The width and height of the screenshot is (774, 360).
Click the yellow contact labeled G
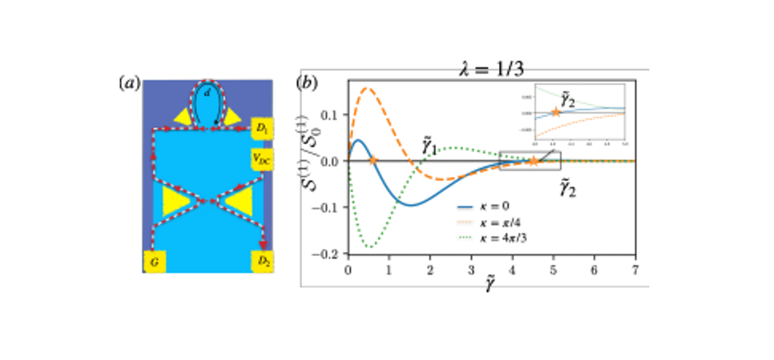pyautogui.click(x=155, y=262)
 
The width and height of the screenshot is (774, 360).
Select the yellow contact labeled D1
pyautogui.click(x=262, y=128)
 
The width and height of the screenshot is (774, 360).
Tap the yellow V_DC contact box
pyautogui.click(x=262, y=160)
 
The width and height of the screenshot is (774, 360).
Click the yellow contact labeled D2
pyautogui.click(x=263, y=261)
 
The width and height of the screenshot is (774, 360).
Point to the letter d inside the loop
pyautogui.click(x=207, y=93)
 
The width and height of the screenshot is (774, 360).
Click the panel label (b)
pyautogui.click(x=307, y=83)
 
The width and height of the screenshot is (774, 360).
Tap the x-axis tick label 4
pyautogui.click(x=512, y=270)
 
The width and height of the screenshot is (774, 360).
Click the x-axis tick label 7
pyautogui.click(x=635, y=270)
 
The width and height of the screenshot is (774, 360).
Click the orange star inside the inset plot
pyautogui.click(x=555, y=112)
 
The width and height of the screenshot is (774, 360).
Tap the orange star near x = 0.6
pyautogui.click(x=373, y=161)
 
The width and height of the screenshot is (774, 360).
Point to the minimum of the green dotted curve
pyautogui.click(x=370, y=246)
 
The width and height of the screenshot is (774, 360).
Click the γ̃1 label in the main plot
pyautogui.click(x=429, y=147)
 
